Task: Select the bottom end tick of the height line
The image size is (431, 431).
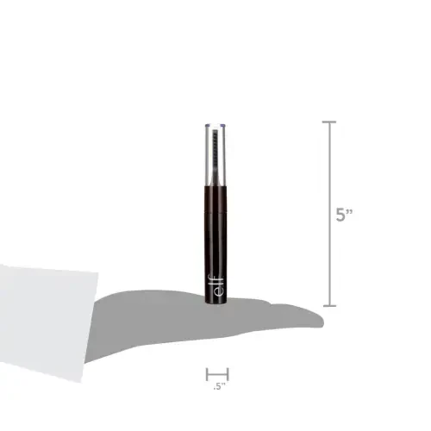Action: (331, 305)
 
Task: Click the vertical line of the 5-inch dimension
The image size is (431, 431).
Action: (331, 215)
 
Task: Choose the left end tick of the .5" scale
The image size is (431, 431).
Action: (206, 373)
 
